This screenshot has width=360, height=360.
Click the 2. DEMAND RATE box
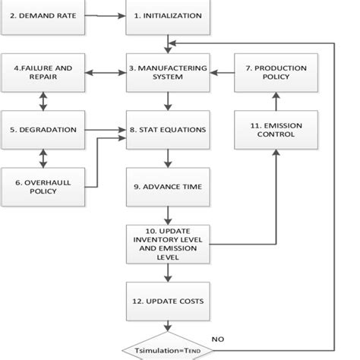pos(43,16)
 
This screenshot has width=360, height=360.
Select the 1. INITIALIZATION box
pos(166,16)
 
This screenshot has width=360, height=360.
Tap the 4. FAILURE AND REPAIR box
pos(43,73)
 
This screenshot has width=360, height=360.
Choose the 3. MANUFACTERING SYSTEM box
pos(166,73)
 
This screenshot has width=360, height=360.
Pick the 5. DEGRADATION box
pos(43,129)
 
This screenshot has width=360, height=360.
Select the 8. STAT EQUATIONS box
pos(166,129)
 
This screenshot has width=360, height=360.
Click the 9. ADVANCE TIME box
pos(166,187)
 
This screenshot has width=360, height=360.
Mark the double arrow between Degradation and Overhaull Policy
pos(43,157)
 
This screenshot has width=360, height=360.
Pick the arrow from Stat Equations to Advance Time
pos(166,158)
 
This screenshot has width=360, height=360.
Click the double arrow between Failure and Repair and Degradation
pos(43,101)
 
